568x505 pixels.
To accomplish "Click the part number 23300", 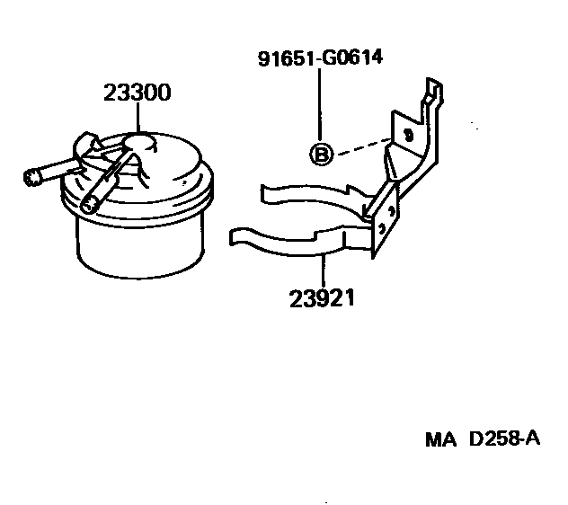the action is [x=138, y=93].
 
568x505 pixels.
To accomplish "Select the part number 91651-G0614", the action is [x=319, y=58].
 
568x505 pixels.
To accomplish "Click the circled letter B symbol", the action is [x=321, y=155].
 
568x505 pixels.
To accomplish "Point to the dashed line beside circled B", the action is [x=359, y=146].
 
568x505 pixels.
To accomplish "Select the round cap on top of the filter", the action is [x=139, y=140].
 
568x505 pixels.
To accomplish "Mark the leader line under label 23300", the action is [x=138, y=116].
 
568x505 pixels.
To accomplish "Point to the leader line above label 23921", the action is [x=321, y=270].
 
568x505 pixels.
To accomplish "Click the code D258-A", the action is [x=504, y=439].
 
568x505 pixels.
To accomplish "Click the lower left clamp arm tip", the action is [x=235, y=235].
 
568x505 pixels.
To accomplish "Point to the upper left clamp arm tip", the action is [x=265, y=190].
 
